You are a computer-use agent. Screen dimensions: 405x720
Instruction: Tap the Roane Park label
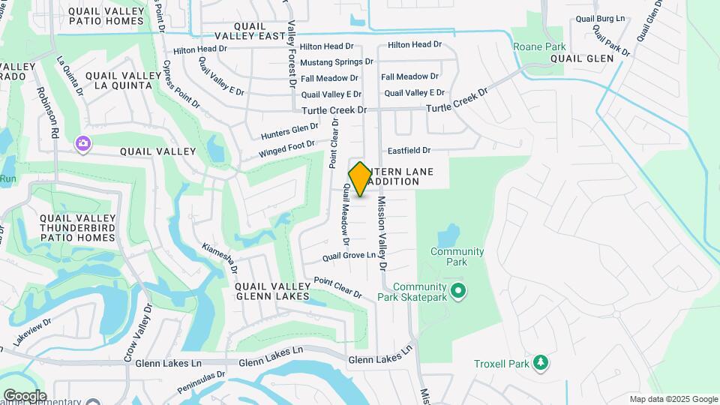pos(539,46)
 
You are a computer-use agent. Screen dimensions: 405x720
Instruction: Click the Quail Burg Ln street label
pos(600,18)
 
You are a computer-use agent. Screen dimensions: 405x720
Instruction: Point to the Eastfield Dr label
pos(409,150)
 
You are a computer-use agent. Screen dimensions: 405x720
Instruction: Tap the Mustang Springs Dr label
pos(337,61)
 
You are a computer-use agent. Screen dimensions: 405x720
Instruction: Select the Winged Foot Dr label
pos(287,148)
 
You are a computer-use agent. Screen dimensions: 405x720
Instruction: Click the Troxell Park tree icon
pos(540,364)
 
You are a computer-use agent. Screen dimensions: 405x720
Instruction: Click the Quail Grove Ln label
pos(349,256)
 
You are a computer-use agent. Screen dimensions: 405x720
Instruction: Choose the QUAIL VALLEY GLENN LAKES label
pos(271,291)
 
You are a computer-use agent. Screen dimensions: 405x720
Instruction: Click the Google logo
pos(25,396)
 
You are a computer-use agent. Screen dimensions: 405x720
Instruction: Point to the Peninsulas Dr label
pos(202,382)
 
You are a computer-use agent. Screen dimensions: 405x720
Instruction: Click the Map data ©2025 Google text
pos(673,399)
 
